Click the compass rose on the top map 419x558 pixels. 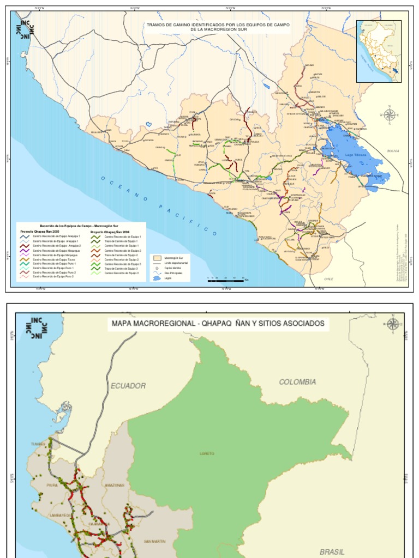[390, 114]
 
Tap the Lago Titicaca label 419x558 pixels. [356, 155]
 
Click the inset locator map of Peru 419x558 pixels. [379, 51]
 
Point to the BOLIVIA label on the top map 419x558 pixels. [393, 150]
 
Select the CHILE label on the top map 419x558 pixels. [328, 278]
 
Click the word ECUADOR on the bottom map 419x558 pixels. [128, 386]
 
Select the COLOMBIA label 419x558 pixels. [297, 382]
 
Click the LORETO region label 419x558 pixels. [207, 453]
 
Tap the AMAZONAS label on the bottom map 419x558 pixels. [115, 485]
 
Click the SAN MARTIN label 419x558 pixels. [154, 541]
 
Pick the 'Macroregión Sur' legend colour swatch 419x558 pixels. [157, 257]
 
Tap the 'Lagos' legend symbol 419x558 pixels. [157, 277]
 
